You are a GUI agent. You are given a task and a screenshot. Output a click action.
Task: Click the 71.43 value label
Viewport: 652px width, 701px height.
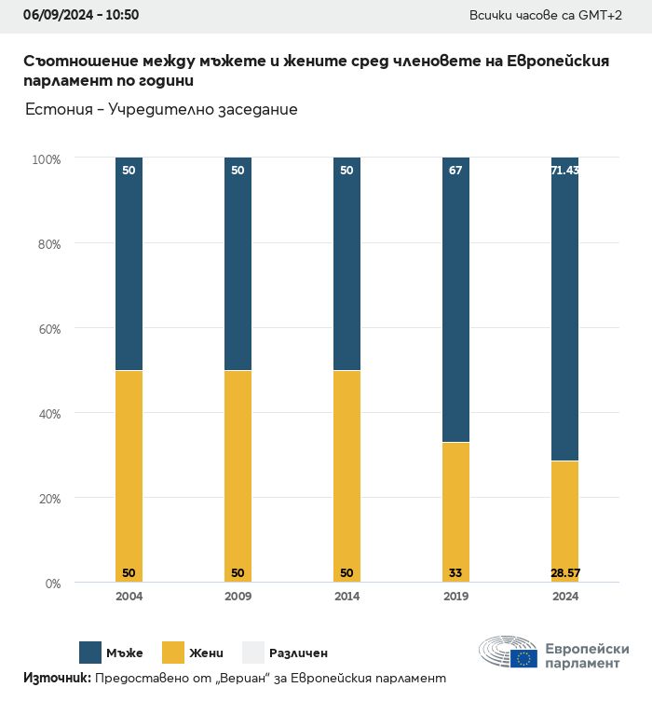tap(564, 171)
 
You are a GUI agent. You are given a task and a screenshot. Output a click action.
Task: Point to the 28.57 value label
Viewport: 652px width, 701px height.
tap(564, 571)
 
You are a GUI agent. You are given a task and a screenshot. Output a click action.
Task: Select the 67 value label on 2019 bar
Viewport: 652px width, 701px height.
tap(455, 171)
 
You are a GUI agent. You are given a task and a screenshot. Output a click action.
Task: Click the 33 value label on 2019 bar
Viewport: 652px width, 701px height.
tap(455, 571)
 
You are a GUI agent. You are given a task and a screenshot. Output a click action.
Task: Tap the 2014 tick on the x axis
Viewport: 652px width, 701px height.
tap(346, 597)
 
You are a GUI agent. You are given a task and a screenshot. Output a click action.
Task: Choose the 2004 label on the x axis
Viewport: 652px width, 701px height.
tap(129, 597)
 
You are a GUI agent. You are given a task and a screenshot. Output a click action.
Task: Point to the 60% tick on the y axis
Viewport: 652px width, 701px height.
tap(47, 329)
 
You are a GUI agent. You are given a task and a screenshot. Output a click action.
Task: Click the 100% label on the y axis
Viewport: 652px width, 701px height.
tap(45, 159)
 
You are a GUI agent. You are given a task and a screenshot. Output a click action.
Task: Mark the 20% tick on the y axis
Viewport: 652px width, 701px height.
tap(47, 499)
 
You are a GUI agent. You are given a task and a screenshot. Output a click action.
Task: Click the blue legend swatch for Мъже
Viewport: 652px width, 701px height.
tap(90, 653)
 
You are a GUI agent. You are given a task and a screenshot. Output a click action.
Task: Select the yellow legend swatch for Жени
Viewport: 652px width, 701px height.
tap(174, 653)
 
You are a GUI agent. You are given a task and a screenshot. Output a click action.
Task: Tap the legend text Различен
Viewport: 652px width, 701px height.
tap(298, 653)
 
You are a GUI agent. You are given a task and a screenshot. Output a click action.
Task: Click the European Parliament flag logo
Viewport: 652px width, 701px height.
tap(523, 658)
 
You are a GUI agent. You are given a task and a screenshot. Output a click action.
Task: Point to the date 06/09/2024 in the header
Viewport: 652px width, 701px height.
tap(48, 15)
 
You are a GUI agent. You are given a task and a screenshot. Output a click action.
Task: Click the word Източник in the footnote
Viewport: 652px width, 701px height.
tap(56, 679)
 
